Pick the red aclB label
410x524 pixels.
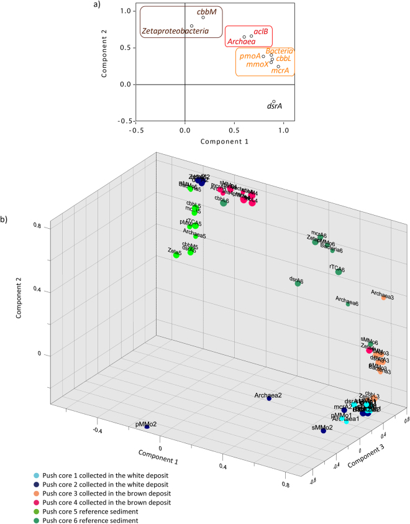pyautogui.click(x=261, y=32)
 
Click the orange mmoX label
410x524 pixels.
pyautogui.click(x=257, y=64)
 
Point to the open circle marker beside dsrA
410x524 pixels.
pyautogui.click(x=274, y=101)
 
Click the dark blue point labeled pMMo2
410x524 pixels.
pyautogui.click(x=147, y=427)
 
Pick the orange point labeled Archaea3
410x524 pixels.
pyautogui.click(x=383, y=298)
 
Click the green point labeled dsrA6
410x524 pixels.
pyautogui.click(x=298, y=283)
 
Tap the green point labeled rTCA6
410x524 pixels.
pyautogui.click(x=339, y=272)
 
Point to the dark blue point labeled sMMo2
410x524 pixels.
pyautogui.click(x=324, y=431)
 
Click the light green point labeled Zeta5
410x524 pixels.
pyautogui.click(x=176, y=255)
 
